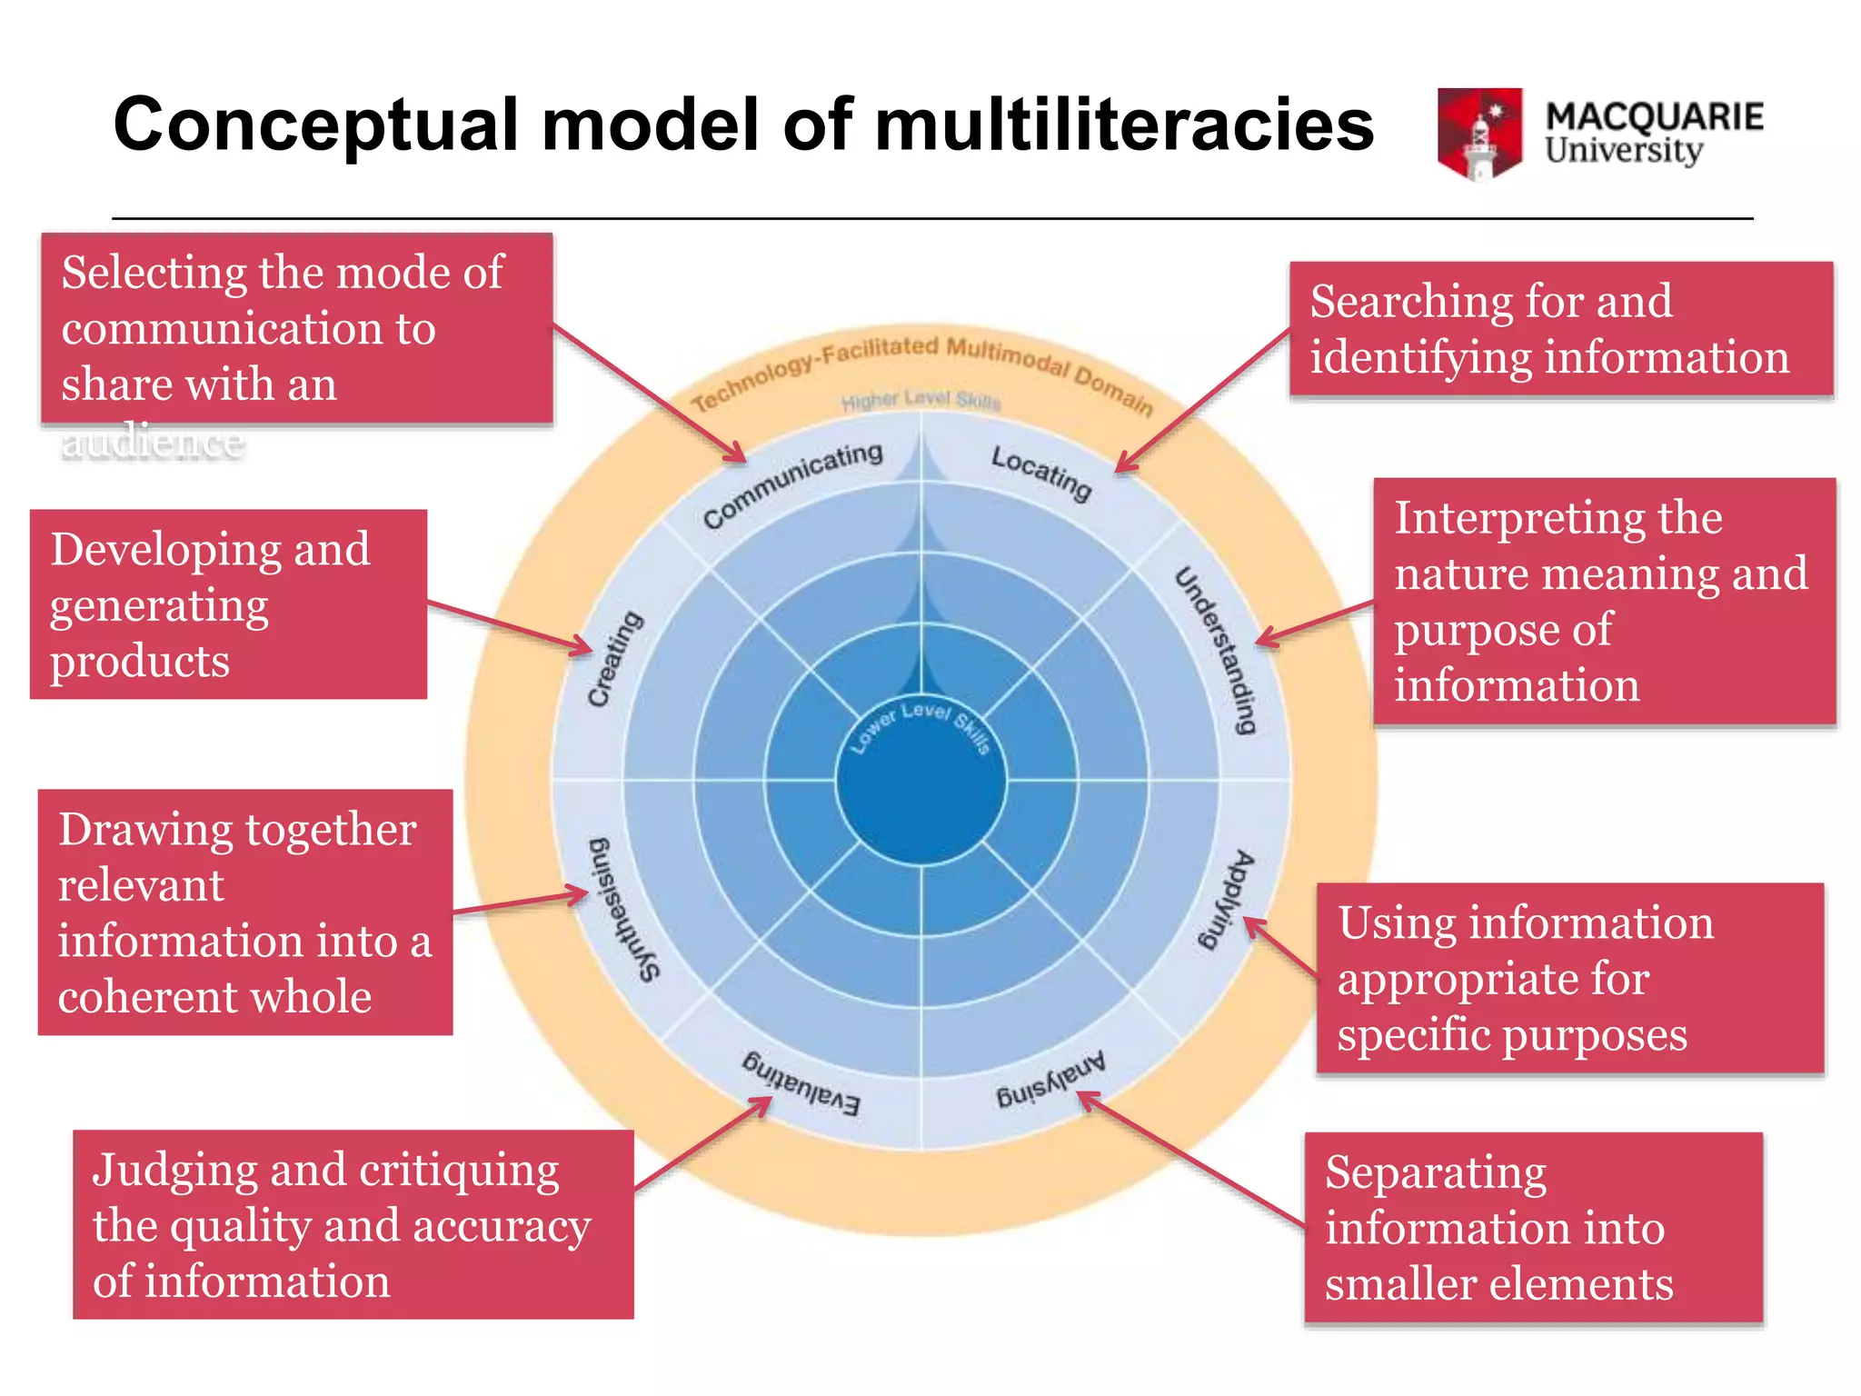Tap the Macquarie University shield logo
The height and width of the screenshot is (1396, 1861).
(1479, 133)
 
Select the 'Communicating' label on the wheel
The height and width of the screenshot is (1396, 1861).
(792, 484)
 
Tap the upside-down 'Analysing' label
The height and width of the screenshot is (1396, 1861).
(1050, 1080)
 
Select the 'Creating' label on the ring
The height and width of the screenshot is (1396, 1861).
(614, 658)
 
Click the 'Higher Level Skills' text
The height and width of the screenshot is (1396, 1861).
(921, 400)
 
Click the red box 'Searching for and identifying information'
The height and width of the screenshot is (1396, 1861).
(1561, 329)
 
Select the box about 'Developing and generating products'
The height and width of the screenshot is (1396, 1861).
(228, 604)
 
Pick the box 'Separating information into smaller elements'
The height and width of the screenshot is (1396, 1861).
(1533, 1227)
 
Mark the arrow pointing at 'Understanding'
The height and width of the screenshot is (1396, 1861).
(1314, 623)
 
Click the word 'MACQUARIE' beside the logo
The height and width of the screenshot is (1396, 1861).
(1654, 116)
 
